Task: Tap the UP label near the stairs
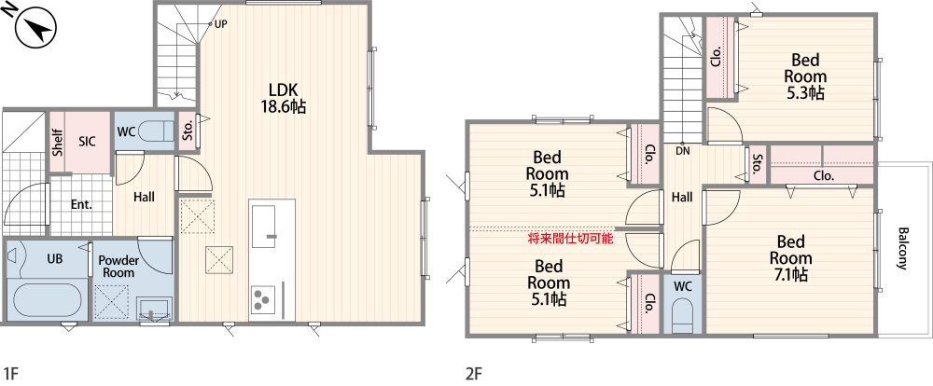(x=220, y=24)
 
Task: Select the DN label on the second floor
(x=682, y=150)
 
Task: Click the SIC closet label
(x=87, y=142)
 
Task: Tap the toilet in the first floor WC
(x=160, y=131)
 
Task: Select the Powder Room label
(x=118, y=267)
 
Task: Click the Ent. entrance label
(x=81, y=203)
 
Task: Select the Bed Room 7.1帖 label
(x=789, y=258)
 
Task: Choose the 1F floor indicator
(x=11, y=374)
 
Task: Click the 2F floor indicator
(x=474, y=374)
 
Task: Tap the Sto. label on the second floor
(x=757, y=165)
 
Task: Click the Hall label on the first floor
(x=144, y=197)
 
